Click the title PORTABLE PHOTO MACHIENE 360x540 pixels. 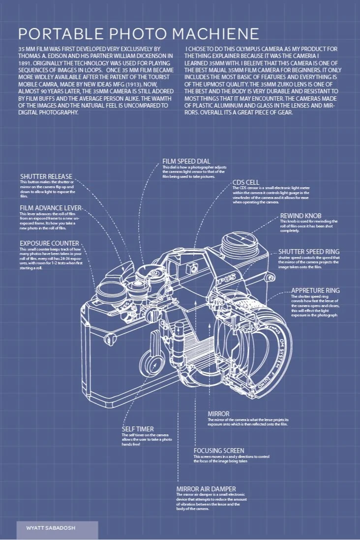138,33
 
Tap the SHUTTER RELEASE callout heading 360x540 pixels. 46,176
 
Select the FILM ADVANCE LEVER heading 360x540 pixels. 51,208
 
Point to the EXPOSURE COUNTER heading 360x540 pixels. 49,243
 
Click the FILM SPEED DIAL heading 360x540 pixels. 186,161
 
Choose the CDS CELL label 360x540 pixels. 246,182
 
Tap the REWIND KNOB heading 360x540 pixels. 300,216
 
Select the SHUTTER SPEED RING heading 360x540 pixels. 309,251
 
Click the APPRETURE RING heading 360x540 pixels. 315,290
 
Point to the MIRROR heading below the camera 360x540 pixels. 218,414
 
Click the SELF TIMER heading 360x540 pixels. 138,429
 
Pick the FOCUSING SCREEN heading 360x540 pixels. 219,451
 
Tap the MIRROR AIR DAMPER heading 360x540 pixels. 206,489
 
